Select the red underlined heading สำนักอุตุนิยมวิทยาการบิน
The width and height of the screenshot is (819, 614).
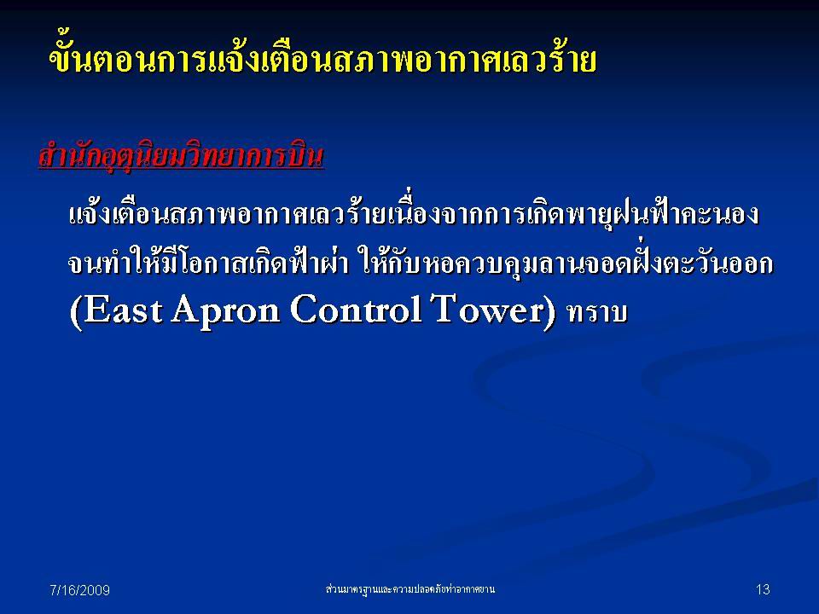pyautogui.click(x=181, y=156)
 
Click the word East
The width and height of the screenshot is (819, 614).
pyautogui.click(x=122, y=310)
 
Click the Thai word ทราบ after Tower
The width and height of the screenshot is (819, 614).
pyautogui.click(x=597, y=312)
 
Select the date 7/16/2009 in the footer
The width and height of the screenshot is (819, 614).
pyautogui.click(x=79, y=590)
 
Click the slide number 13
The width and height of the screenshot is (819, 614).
pyautogui.click(x=763, y=589)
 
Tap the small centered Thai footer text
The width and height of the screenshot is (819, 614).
pyautogui.click(x=409, y=589)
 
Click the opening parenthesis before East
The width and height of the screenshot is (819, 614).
pyautogui.click(x=76, y=312)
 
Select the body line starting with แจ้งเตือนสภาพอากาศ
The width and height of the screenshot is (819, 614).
pyautogui.click(x=414, y=214)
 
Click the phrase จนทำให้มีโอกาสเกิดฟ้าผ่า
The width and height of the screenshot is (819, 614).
pyautogui.click(x=208, y=264)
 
